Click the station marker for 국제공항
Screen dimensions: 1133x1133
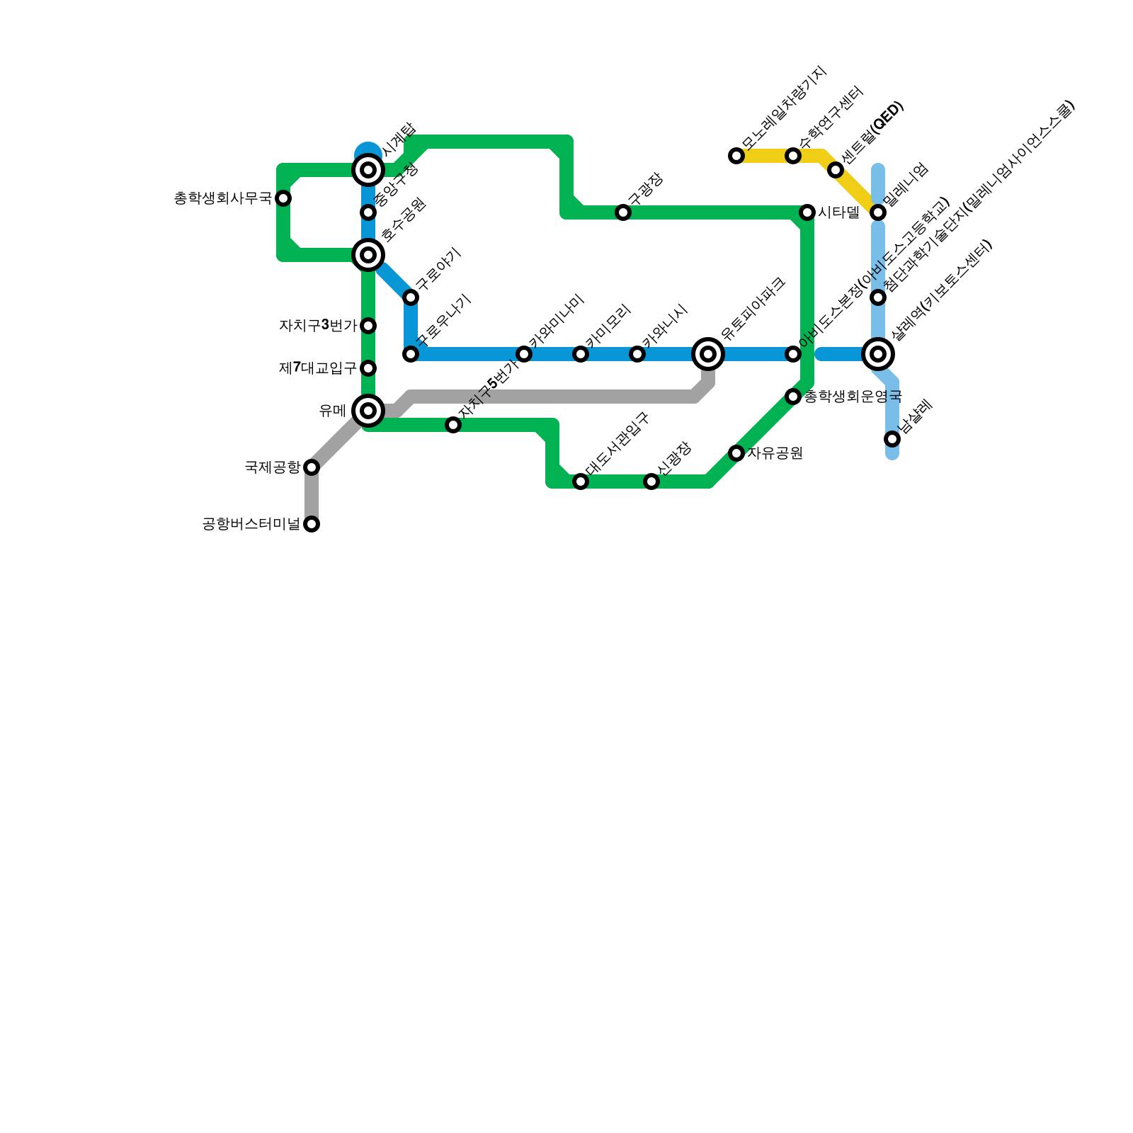(x=312, y=467)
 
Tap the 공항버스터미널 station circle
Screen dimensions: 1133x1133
(x=312, y=524)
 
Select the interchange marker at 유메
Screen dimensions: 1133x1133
(x=368, y=411)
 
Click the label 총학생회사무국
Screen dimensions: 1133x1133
(x=223, y=198)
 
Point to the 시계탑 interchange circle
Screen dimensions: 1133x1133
(x=368, y=170)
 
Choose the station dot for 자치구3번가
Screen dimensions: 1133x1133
(x=368, y=326)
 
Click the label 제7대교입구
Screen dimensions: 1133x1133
(x=318, y=368)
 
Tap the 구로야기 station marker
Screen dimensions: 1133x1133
(x=411, y=297)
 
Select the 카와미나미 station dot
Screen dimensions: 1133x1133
(x=524, y=354)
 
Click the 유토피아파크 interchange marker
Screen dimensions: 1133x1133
(x=708, y=354)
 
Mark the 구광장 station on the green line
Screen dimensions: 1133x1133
(x=623, y=212)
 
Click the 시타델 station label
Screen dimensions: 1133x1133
(x=838, y=212)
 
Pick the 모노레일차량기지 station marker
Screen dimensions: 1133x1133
(x=736, y=156)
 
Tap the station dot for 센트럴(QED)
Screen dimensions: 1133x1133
(x=836, y=170)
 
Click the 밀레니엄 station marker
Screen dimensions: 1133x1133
(x=878, y=212)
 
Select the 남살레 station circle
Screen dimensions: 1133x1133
(x=892, y=439)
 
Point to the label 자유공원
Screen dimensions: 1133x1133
(x=775, y=453)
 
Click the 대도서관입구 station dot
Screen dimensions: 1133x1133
(x=581, y=482)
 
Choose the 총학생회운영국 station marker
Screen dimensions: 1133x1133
(x=793, y=397)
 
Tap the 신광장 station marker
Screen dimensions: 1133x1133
(x=651, y=482)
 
